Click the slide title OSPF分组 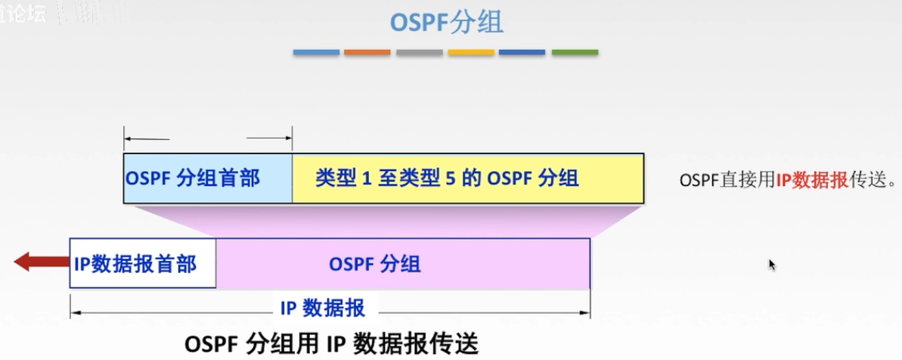tap(446, 22)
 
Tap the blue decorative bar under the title tap(316, 52)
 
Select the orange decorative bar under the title tap(367, 52)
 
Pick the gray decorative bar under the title tap(419, 52)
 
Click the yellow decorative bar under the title tap(470, 52)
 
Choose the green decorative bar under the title tap(575, 52)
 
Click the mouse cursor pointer tap(771, 264)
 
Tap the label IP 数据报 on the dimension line tap(323, 308)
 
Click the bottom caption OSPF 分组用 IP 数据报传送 tap(332, 343)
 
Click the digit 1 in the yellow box tap(364, 178)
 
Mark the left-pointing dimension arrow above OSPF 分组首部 tap(147, 138)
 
